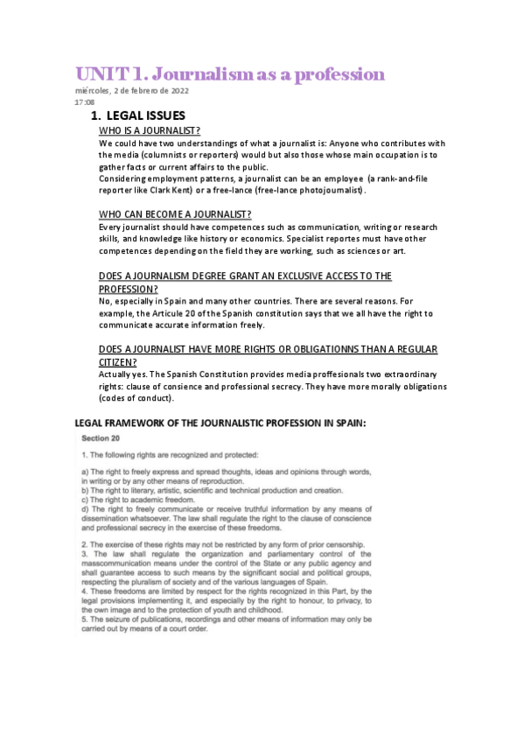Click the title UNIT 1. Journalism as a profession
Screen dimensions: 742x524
[229, 73]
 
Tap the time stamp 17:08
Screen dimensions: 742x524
[85, 101]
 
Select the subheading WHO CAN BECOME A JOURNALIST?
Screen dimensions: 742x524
[175, 214]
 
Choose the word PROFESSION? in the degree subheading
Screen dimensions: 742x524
[128, 288]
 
